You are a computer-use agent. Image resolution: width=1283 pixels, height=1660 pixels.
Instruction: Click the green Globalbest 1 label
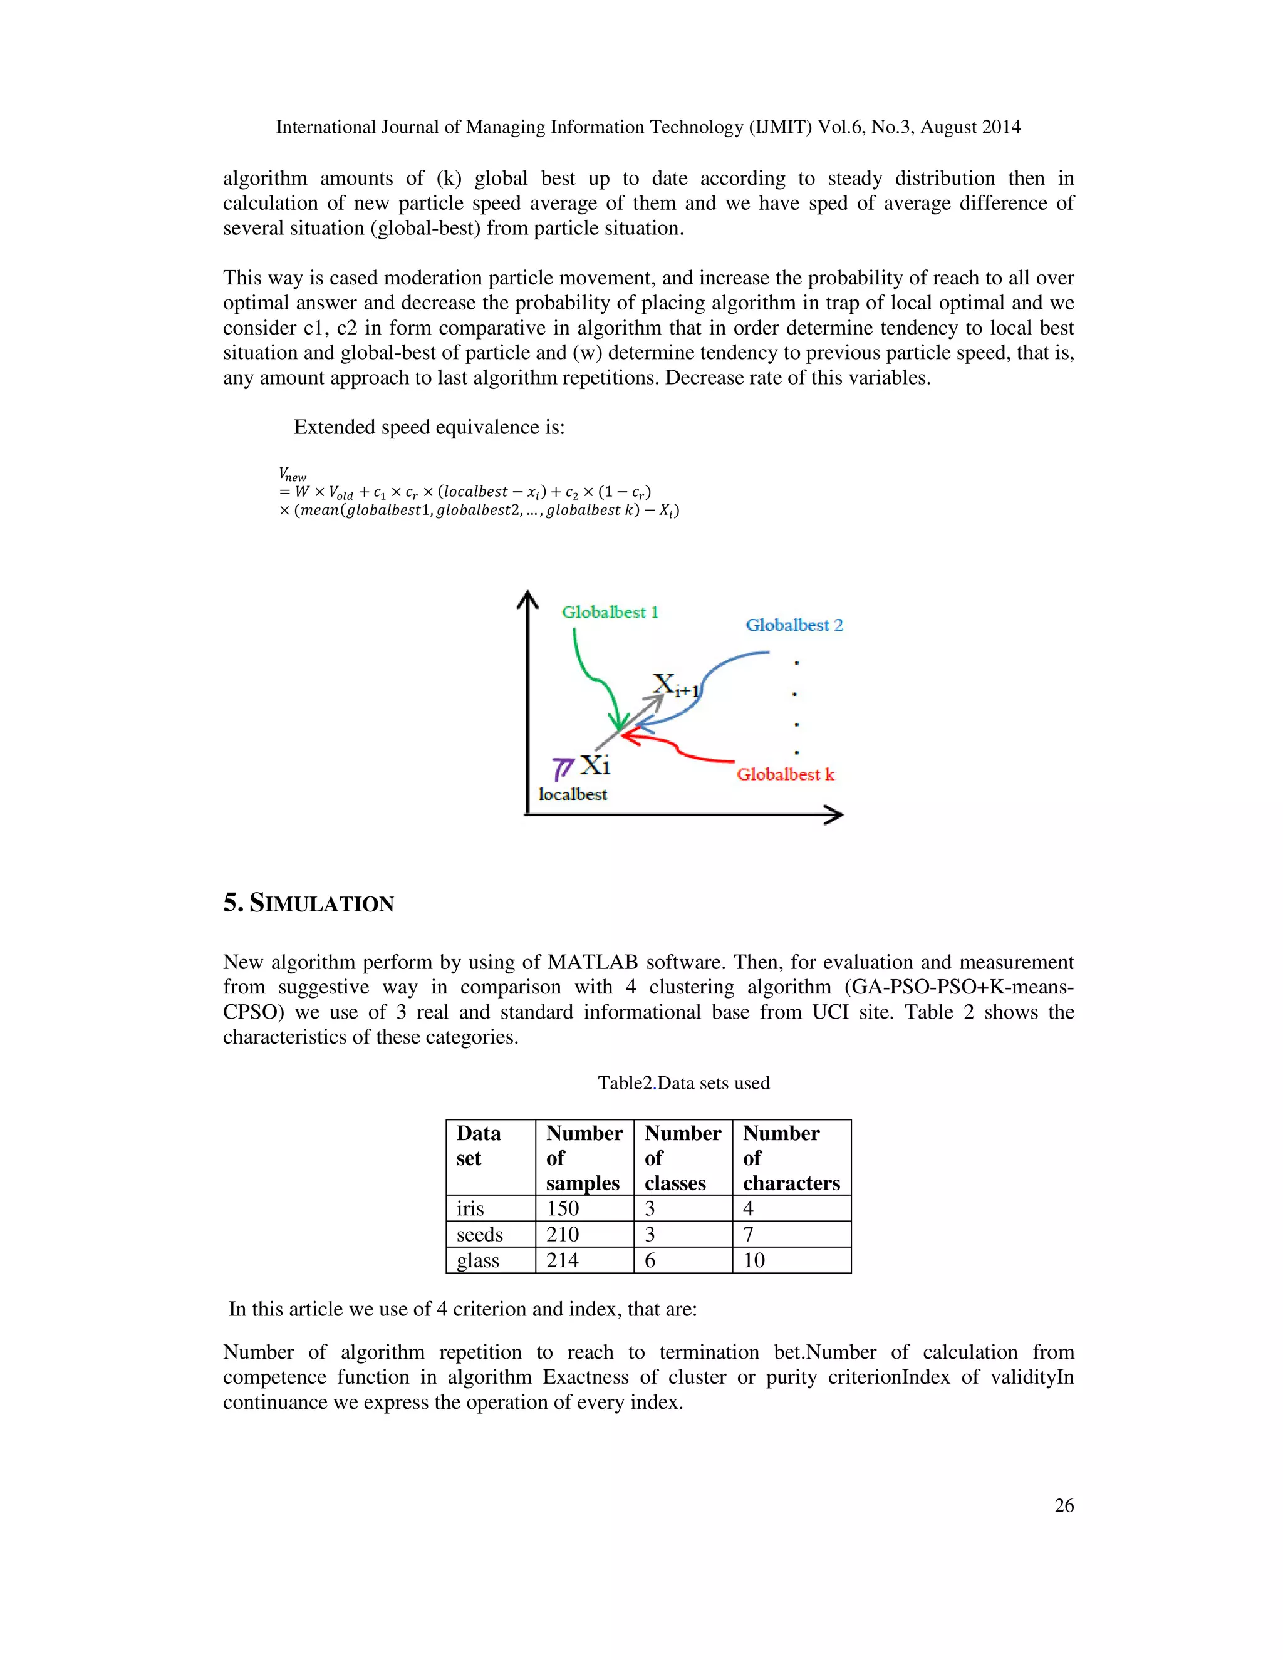click(x=610, y=613)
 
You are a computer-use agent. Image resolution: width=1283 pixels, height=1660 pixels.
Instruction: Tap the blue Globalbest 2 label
click(x=794, y=626)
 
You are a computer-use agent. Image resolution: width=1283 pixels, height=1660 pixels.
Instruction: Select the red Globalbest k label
click(x=785, y=774)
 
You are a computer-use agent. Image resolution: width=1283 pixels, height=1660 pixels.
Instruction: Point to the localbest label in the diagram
click(x=573, y=794)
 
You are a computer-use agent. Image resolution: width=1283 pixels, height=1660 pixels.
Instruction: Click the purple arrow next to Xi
click(x=563, y=769)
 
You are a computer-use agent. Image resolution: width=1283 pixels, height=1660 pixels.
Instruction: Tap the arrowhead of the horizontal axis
click(x=834, y=815)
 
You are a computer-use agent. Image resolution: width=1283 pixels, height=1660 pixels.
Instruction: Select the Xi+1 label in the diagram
click(x=675, y=685)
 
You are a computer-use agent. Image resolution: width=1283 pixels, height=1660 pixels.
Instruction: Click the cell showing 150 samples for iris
click(x=563, y=1208)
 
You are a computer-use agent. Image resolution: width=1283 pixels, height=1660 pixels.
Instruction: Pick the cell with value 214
click(x=563, y=1260)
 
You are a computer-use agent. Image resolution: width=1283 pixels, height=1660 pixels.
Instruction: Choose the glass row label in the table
click(x=478, y=1260)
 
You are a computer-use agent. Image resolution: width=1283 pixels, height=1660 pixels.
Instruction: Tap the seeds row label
click(x=480, y=1235)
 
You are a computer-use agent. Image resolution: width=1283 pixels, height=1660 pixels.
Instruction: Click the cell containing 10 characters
click(x=754, y=1260)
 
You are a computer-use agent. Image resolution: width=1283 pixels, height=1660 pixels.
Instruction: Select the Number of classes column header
click(x=682, y=1158)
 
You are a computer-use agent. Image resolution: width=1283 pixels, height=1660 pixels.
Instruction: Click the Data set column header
click(x=478, y=1146)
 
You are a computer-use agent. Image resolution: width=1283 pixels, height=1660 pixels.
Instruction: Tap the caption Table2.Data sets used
click(x=683, y=1083)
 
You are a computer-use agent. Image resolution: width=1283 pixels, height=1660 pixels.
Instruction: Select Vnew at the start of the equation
click(x=292, y=474)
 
